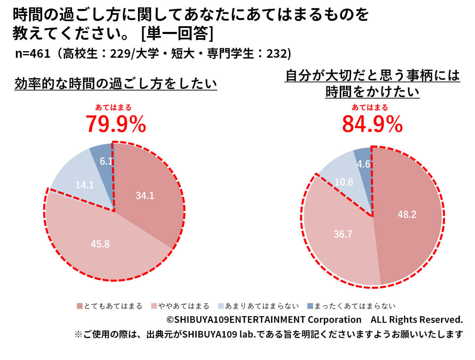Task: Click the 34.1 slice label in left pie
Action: click(145, 196)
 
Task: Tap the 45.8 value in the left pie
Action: click(100, 244)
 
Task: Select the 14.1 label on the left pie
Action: click(85, 185)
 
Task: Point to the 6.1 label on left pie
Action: click(106, 161)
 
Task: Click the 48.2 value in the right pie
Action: click(407, 214)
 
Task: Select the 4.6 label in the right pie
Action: click(364, 164)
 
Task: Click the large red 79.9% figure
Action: click(115, 125)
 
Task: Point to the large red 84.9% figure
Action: click(372, 125)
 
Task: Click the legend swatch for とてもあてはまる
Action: click(79, 306)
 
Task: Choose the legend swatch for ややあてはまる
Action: click(154, 306)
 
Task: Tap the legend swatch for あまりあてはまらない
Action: click(221, 306)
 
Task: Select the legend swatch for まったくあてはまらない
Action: click(310, 306)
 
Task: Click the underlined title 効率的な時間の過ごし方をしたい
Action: click(115, 84)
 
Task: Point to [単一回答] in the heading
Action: click(176, 34)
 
